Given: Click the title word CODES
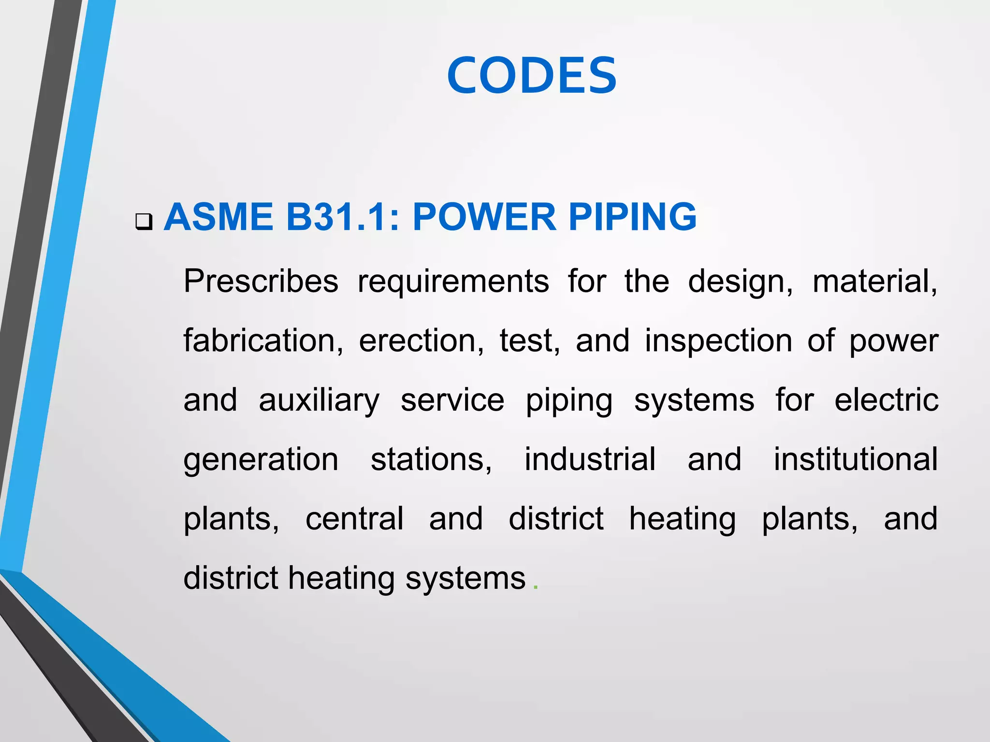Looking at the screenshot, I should point(532,75).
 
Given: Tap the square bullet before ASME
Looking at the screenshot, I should point(144,222).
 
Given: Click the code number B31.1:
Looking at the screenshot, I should point(343,217).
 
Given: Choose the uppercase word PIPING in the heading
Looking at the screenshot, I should point(632,217).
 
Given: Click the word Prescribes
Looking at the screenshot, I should point(261,281).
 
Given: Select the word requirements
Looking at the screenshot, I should point(453,282).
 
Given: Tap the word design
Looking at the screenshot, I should point(740,282).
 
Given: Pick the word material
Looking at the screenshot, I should point(874,281).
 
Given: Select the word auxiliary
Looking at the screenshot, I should point(319,401).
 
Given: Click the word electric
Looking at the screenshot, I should point(886,400).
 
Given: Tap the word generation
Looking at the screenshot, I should point(261,460).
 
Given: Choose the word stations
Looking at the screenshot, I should point(431,459).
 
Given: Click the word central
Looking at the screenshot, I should point(354,519).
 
